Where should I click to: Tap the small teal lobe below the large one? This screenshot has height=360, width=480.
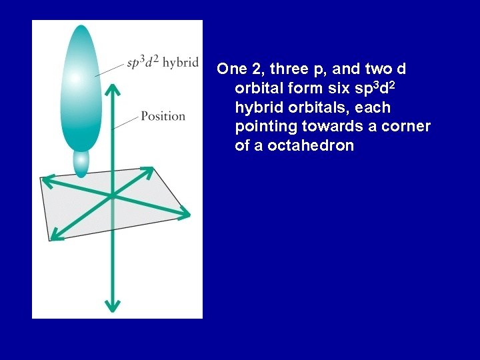81,163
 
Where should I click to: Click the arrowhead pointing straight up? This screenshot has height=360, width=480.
112,90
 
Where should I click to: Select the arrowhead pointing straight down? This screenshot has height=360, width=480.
112,305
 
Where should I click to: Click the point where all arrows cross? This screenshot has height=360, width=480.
112,195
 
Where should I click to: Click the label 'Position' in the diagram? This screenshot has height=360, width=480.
163,116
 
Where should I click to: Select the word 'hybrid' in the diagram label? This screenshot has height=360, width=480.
181,63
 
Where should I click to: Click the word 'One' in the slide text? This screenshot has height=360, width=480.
232,69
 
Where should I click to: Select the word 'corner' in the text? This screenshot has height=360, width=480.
407,127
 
